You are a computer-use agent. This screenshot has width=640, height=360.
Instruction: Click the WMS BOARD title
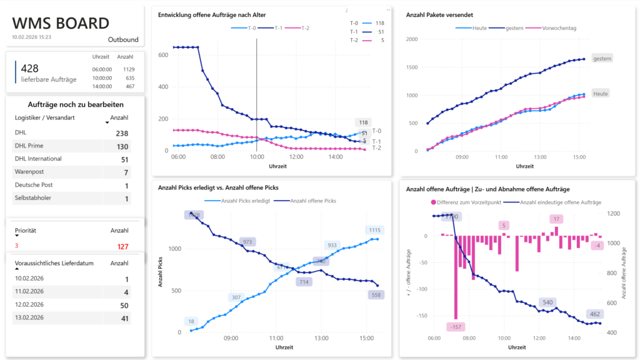click(61, 24)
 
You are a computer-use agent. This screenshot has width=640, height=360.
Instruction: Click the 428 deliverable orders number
click(31, 69)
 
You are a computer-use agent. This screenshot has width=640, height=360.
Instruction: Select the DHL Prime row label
click(29, 146)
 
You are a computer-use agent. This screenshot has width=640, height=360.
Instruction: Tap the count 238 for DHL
click(121, 133)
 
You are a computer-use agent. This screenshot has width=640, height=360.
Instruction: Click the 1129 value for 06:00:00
click(129, 69)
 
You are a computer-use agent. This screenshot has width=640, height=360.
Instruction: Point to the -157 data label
click(456, 327)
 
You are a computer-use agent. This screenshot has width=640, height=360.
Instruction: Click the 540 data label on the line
click(547, 302)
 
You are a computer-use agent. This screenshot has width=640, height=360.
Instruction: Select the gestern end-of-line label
click(602, 58)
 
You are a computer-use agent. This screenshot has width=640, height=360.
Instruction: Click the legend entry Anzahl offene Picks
click(313, 201)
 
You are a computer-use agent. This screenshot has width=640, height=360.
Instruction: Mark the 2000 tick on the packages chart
click(411, 39)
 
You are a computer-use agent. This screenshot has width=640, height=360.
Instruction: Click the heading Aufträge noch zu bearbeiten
click(76, 104)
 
